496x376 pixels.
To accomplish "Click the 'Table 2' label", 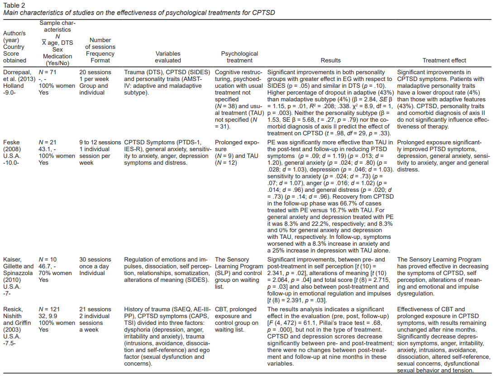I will point(14,5).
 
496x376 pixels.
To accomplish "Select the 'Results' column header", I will point(330,60).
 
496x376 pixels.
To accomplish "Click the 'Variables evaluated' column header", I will point(167,57).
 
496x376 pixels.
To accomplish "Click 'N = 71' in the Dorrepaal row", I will point(48,72).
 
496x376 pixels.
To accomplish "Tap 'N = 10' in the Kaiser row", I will point(48,260).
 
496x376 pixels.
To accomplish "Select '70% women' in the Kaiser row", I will point(55,273).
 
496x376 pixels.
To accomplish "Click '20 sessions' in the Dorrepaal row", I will point(95,72).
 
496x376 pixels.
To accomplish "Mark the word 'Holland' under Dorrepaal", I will point(14,86).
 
